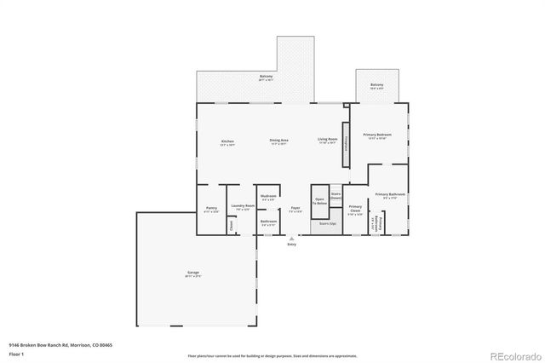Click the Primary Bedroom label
(x=377, y=135)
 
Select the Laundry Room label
(x=244, y=206)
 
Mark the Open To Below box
(x=319, y=202)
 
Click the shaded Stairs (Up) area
(x=328, y=226)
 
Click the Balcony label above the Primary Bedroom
(x=376, y=85)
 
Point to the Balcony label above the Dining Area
(x=267, y=78)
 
